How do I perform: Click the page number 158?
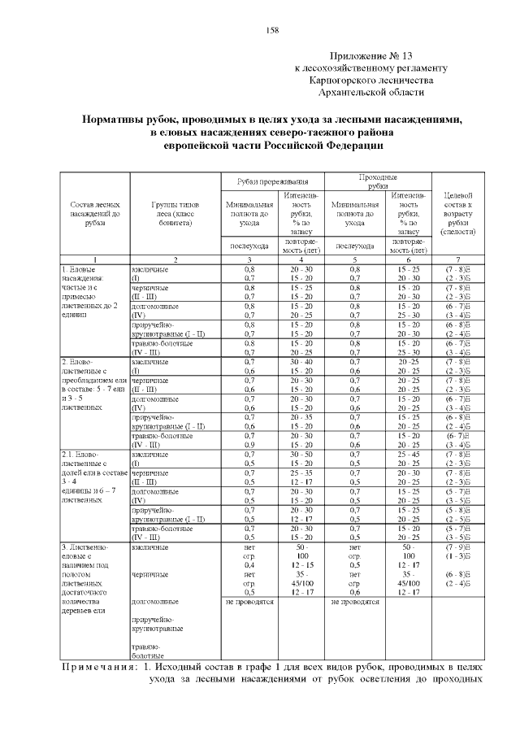[x=273, y=30]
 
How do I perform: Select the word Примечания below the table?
[x=98, y=667]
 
